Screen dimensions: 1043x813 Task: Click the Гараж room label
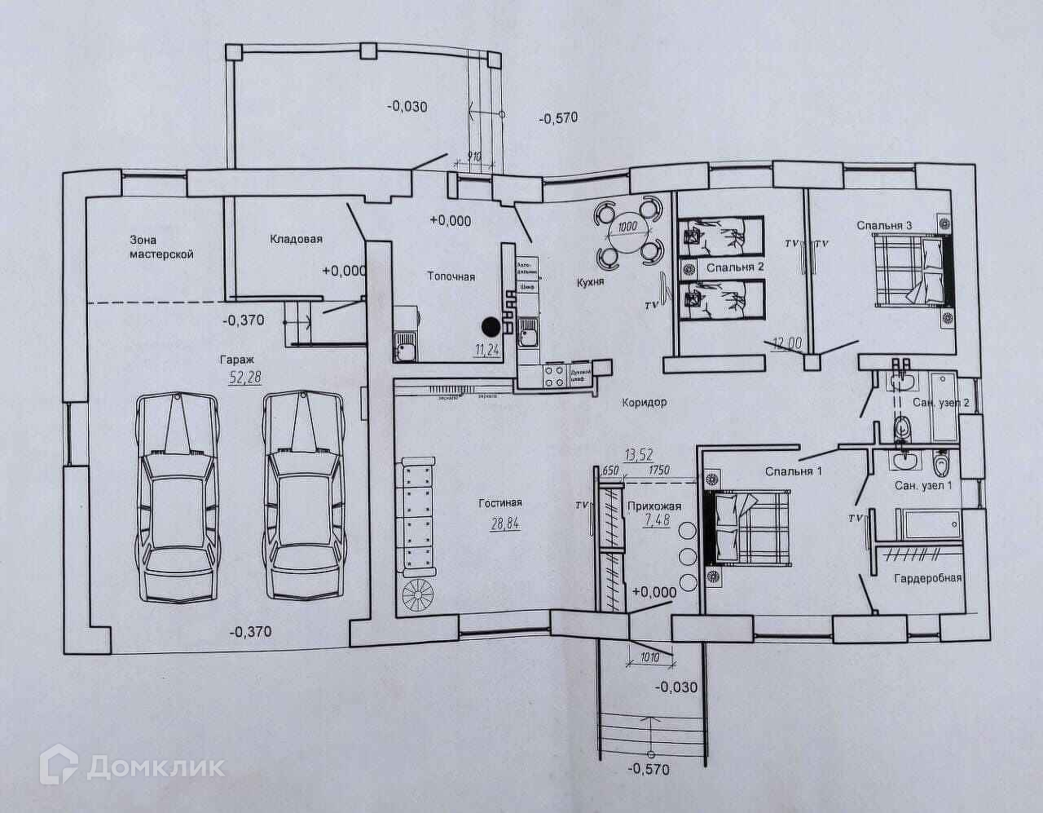[x=236, y=359]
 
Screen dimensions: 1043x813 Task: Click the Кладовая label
[x=296, y=239]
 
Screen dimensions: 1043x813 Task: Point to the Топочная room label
[x=451, y=276]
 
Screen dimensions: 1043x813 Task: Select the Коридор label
[x=644, y=402]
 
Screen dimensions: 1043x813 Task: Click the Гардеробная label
[x=927, y=578]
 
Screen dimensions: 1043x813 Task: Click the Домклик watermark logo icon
[x=64, y=766]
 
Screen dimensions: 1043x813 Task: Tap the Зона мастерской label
[x=161, y=246]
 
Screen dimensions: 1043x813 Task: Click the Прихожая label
[x=654, y=506]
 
